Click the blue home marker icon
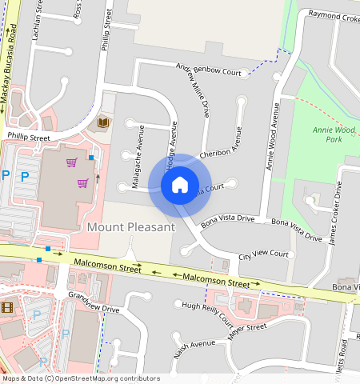[180, 186]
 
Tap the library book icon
[103, 122]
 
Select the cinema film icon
[7, 308]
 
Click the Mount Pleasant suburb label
[130, 227]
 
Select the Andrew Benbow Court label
[208, 72]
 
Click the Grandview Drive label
[94, 302]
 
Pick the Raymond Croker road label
[334, 15]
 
